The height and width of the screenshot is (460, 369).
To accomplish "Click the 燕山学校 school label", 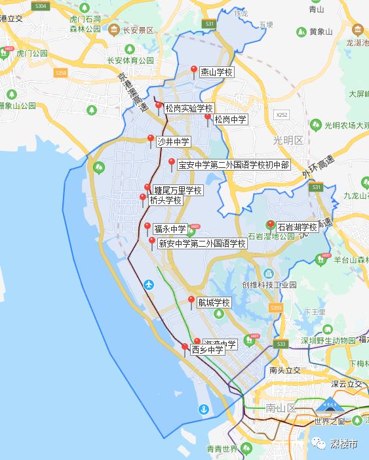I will (216, 72).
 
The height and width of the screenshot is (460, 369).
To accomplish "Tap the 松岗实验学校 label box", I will (189, 108).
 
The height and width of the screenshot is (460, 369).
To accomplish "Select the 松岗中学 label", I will (230, 119).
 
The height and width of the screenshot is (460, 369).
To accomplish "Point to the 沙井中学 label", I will (173, 141).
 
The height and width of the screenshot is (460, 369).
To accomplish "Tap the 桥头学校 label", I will (165, 200).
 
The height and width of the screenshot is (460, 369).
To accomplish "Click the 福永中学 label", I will (170, 229).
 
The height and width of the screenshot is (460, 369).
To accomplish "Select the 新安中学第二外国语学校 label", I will (201, 243).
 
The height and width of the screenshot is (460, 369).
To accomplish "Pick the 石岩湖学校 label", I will (297, 227).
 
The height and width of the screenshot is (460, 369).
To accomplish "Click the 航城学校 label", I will (214, 303).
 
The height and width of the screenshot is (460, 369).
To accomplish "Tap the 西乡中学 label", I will (207, 350).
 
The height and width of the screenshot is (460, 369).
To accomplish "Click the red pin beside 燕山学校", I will (193, 70).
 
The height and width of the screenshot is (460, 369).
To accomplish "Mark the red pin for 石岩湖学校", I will (270, 224).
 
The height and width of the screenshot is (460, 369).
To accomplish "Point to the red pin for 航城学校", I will (191, 301).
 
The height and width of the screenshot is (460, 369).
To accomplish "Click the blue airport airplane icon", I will (149, 285).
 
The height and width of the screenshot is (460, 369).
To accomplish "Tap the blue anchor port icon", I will (204, 409).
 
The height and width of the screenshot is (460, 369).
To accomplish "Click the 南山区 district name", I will (282, 408).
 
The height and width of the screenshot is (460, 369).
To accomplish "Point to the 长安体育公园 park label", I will (130, 60).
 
